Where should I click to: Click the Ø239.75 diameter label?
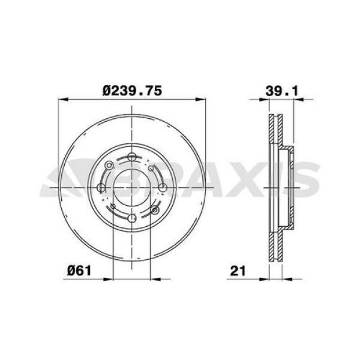click(132, 91)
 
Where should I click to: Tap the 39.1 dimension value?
click(282, 91)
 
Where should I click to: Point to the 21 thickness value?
click(238, 271)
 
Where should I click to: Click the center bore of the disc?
click(131, 188)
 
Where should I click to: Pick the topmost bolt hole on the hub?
click(131, 157)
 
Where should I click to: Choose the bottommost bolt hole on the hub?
click(132, 218)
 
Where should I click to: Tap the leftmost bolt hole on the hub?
click(101, 188)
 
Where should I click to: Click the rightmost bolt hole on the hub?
click(163, 188)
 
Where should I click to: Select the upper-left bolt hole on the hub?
click(109, 165)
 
